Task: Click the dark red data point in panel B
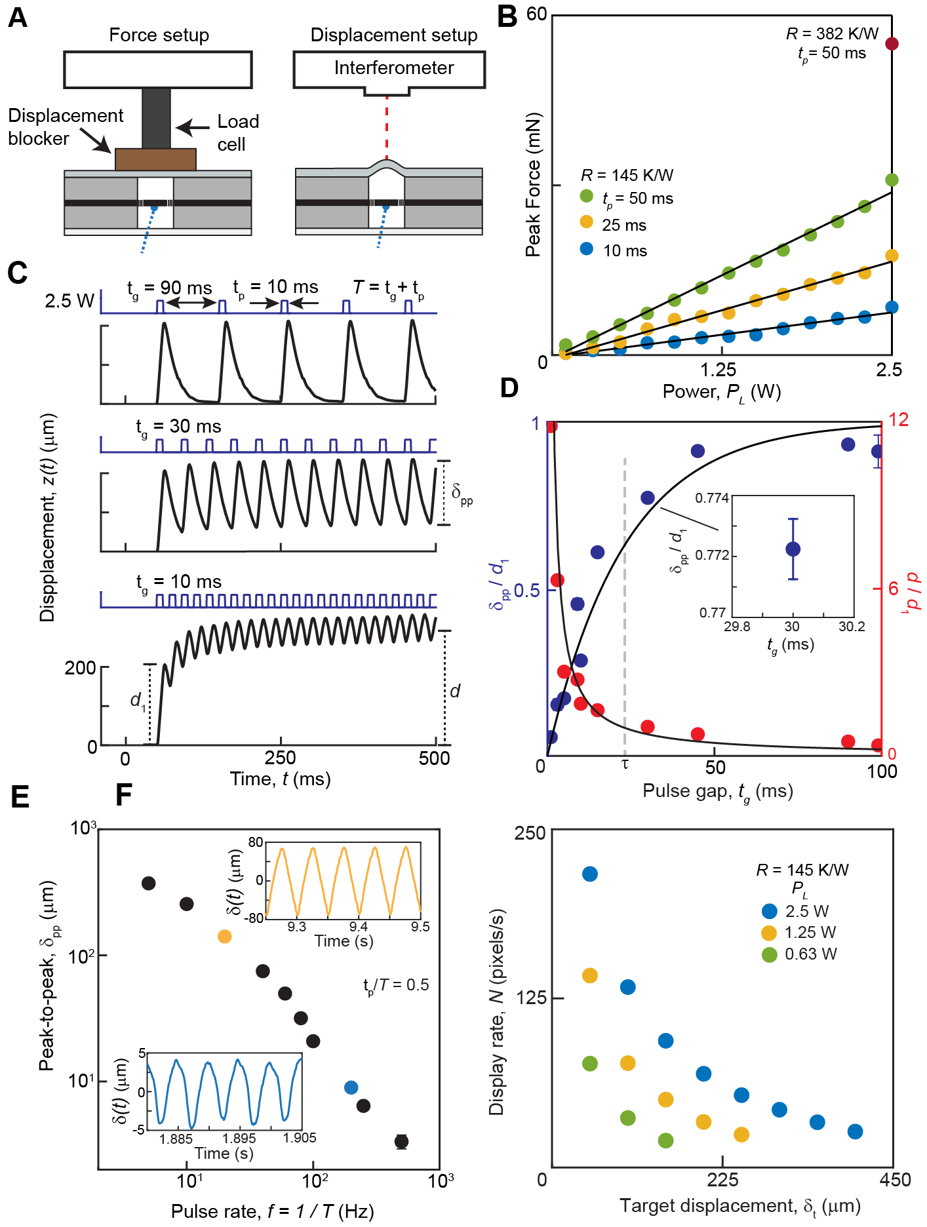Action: click(x=892, y=44)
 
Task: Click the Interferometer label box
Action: click(x=393, y=68)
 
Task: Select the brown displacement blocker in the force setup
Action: click(x=155, y=159)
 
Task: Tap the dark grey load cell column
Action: click(x=156, y=118)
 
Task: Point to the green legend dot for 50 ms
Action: click(x=587, y=196)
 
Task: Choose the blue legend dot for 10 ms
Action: click(x=587, y=249)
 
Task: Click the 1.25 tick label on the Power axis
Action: click(x=719, y=370)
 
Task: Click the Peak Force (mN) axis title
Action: click(x=533, y=185)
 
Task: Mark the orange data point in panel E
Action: click(x=224, y=937)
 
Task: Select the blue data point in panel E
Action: click(x=351, y=1087)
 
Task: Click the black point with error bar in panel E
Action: click(x=402, y=1141)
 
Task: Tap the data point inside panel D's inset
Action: click(x=793, y=549)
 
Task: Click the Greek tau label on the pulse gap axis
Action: click(x=625, y=764)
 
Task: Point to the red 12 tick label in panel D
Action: click(x=898, y=419)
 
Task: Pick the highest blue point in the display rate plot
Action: click(x=590, y=874)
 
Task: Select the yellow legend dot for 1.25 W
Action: click(x=769, y=933)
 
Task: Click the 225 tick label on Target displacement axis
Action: click(x=722, y=1180)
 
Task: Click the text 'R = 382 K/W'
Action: click(x=832, y=34)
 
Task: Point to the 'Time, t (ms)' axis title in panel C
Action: click(x=280, y=779)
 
